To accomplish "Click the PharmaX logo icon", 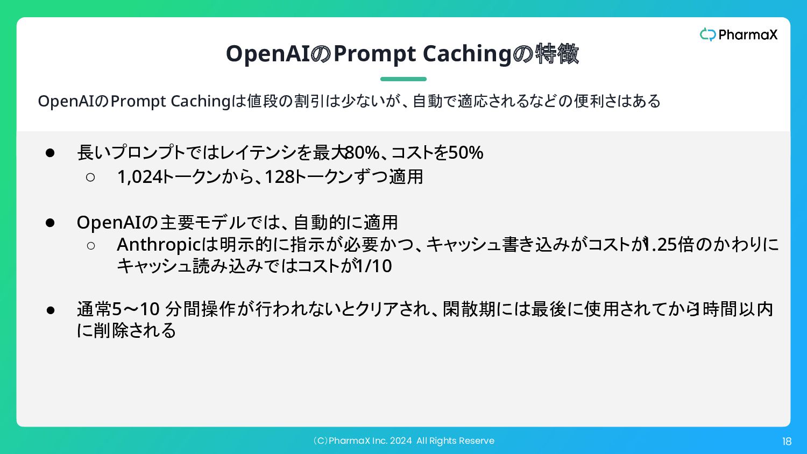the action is [707, 34].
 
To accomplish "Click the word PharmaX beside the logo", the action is [748, 34].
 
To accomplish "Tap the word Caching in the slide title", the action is [467, 54].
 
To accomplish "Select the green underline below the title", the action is [403, 79].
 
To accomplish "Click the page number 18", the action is [787, 442].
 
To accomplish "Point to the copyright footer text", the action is [403, 441].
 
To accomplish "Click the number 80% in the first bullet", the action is [363, 152].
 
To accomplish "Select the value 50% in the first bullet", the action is [465, 152].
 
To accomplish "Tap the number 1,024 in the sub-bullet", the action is [140, 178].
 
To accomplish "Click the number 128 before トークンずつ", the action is [280, 177].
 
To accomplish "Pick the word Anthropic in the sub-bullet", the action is [159, 245].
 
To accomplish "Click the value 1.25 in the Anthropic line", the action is [660, 244].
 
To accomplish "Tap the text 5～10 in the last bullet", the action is [136, 309].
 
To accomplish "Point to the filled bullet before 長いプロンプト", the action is [50, 153].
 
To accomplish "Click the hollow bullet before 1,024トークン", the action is [90, 177].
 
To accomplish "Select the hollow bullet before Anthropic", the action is [91, 245].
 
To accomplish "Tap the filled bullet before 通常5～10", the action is [51, 310].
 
